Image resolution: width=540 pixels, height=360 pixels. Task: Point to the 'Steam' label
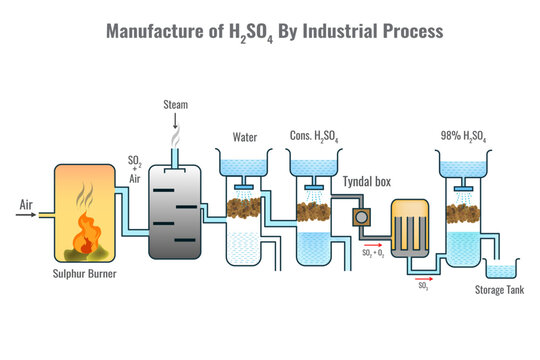point(175,104)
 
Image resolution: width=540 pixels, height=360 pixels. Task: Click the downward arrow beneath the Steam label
point(175,121)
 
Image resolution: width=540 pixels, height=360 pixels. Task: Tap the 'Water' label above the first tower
point(245,137)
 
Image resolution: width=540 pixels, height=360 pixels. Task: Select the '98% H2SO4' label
point(465,137)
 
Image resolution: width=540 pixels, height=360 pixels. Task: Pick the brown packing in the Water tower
point(245,208)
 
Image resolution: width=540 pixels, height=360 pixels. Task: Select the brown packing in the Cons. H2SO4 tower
point(315,208)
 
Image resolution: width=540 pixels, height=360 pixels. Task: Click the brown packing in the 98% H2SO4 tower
point(465,208)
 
